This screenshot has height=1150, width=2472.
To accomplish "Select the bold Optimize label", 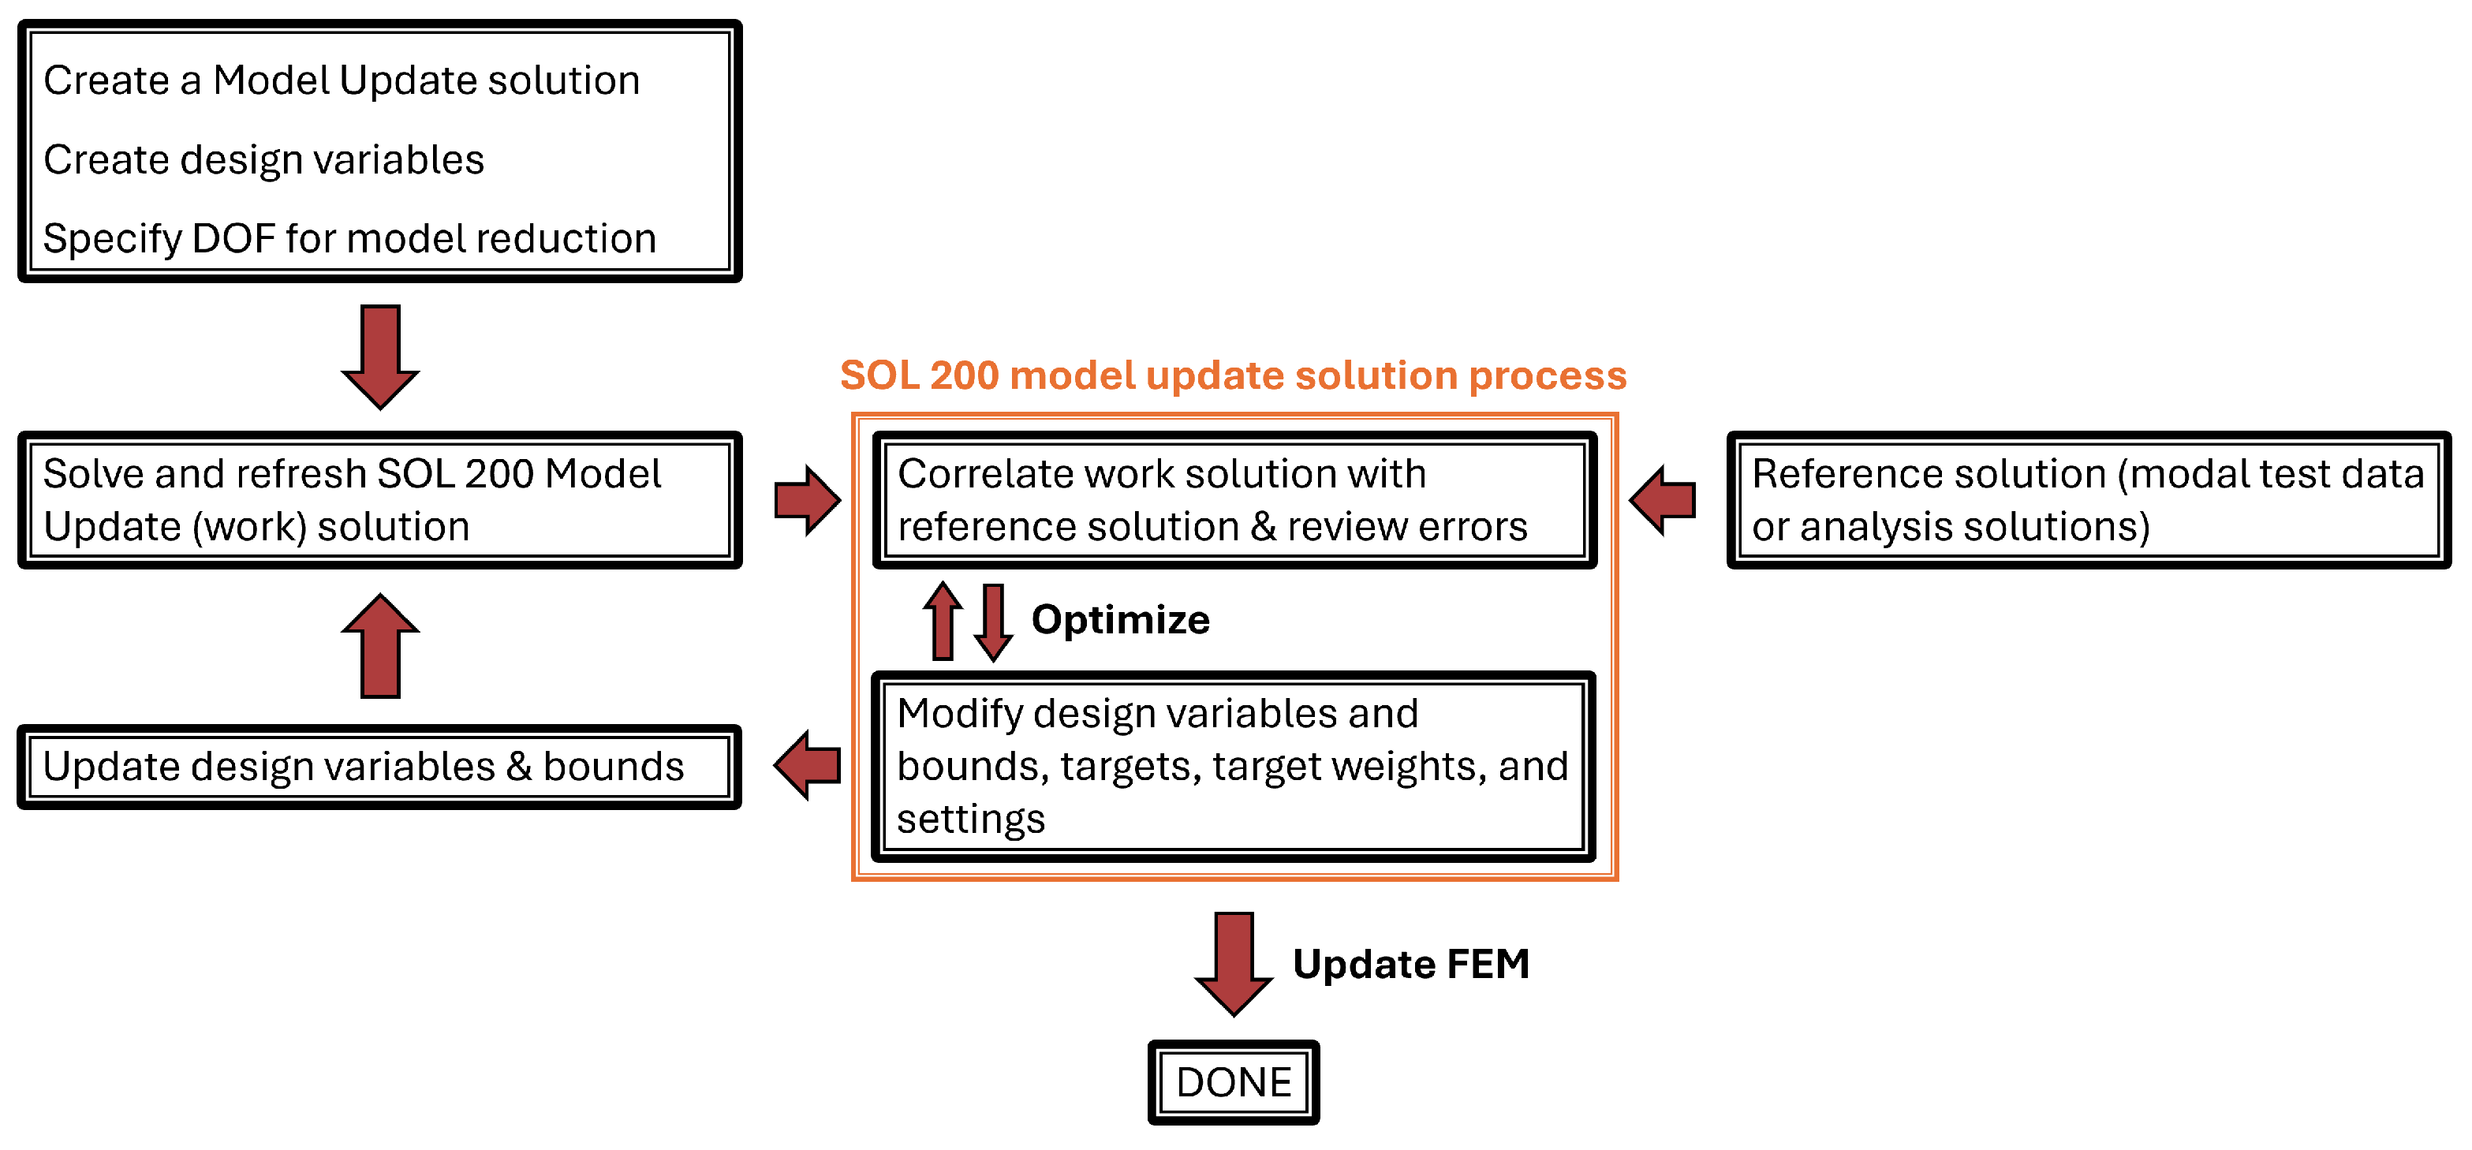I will point(1120,620).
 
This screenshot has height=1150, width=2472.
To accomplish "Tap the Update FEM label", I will point(1410,964).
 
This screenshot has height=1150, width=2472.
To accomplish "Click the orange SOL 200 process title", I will point(1233,375).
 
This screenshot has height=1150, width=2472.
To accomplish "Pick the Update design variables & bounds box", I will point(379,766).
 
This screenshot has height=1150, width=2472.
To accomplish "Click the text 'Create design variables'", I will point(264,159).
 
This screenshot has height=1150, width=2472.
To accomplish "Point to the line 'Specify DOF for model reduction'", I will point(350,238).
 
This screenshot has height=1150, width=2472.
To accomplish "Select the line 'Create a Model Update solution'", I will point(342,80).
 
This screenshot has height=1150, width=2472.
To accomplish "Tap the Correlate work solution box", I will point(1234,500).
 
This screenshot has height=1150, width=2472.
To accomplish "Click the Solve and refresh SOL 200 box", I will point(379,500).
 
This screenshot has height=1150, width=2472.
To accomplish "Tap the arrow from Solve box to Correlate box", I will point(807,500).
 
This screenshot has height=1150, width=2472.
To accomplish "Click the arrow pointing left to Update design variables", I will point(807,765).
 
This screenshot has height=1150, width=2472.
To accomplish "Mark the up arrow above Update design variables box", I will point(380,646).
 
